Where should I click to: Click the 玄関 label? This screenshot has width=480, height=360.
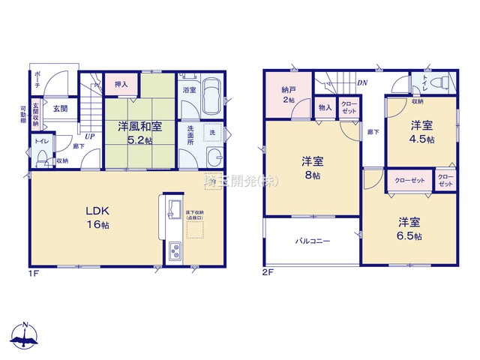click(60, 109)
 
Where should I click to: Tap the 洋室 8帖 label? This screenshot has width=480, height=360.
click(312, 167)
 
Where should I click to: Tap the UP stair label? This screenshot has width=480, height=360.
click(89, 136)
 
